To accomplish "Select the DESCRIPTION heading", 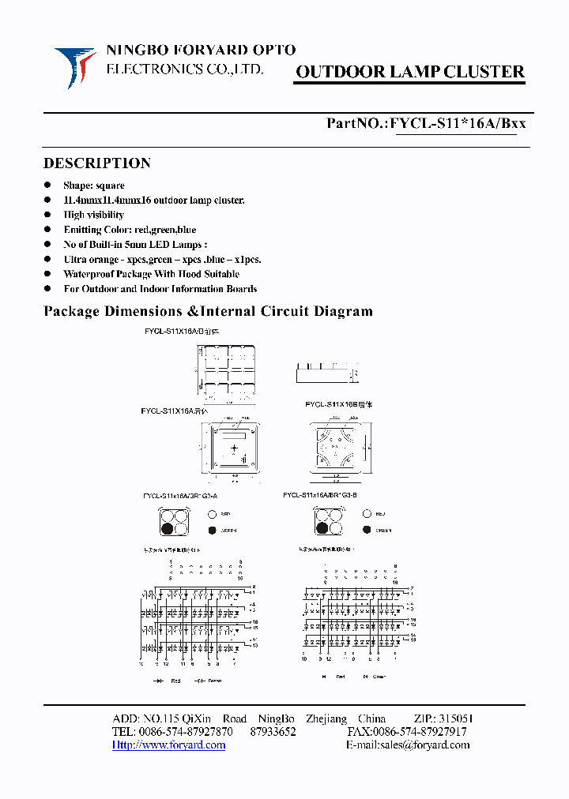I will click(x=96, y=163).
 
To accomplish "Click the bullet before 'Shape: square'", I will click(x=47, y=186).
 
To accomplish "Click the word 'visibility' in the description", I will click(x=105, y=215).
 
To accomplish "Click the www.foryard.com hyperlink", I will click(x=168, y=745).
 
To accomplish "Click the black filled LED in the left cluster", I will click(x=168, y=530).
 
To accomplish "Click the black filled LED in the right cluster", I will click(x=322, y=530).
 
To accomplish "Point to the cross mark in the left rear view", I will click(x=234, y=448).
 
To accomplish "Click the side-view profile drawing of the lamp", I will click(x=324, y=371).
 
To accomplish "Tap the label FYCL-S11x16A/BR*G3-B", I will click(x=320, y=495).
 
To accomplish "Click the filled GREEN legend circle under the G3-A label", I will click(x=212, y=530).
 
